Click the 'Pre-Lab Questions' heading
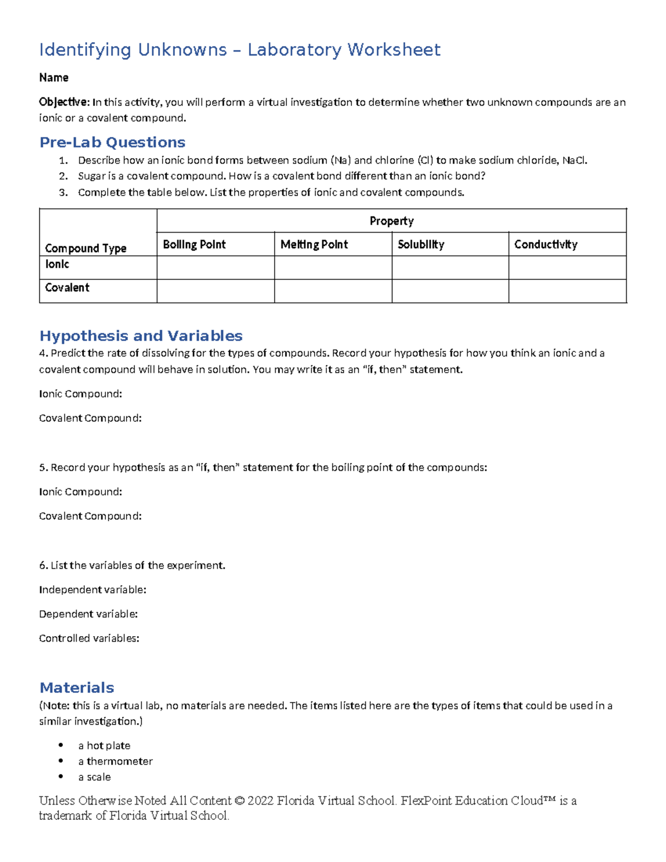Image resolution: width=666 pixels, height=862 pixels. pyautogui.click(x=112, y=143)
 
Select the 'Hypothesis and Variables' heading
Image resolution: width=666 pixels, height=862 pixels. pyautogui.click(x=141, y=336)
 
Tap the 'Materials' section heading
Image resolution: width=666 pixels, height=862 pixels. pyautogui.click(x=77, y=688)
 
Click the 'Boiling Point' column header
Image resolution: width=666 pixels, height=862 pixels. pyautogui.click(x=194, y=244)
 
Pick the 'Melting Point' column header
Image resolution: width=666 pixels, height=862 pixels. pyautogui.click(x=314, y=244)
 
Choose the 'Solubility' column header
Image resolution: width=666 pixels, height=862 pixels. pyautogui.click(x=421, y=244)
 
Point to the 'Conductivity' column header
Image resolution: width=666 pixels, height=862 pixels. pyautogui.click(x=546, y=244)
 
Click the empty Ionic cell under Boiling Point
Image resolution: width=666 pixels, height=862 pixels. pyautogui.click(x=215, y=268)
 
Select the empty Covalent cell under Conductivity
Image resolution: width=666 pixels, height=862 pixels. pyautogui.click(x=567, y=291)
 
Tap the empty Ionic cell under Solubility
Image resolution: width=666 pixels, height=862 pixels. pyautogui.click(x=450, y=268)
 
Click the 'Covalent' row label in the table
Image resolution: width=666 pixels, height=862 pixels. pyautogui.click(x=67, y=288)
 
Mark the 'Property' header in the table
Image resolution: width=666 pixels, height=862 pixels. pyautogui.click(x=391, y=221)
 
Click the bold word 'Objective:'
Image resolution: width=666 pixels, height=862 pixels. pyautogui.click(x=64, y=102)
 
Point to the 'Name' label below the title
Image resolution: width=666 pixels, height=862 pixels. pyautogui.click(x=54, y=78)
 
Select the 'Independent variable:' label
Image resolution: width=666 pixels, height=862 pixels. pyautogui.click(x=93, y=589)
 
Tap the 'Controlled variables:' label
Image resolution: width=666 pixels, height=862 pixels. pyautogui.click(x=89, y=638)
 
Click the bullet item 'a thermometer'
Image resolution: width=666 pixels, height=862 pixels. pyautogui.click(x=115, y=761)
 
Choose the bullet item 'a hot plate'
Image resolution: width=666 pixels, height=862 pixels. pyautogui.click(x=104, y=745)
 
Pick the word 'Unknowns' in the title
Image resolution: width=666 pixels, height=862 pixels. pyautogui.click(x=182, y=50)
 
